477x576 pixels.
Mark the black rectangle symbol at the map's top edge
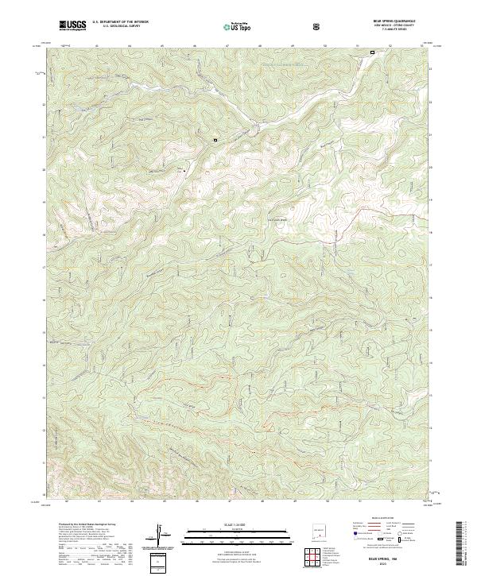click(371, 53)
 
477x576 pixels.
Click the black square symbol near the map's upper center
click(215, 140)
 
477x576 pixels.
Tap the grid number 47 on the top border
click(228, 45)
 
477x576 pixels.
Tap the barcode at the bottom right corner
click(464, 544)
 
